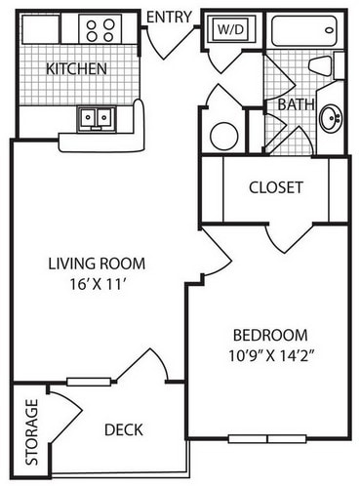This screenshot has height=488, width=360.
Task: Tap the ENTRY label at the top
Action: (169, 15)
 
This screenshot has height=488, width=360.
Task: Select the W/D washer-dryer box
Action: (230, 30)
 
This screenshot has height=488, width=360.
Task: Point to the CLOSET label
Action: (276, 186)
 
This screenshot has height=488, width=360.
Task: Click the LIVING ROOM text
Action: (97, 264)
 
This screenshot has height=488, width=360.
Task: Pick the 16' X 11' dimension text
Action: (97, 285)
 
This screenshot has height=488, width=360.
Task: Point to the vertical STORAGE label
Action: (31, 431)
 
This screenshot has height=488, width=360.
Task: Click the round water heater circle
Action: (224, 136)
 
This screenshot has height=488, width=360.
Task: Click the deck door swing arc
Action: (144, 366)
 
